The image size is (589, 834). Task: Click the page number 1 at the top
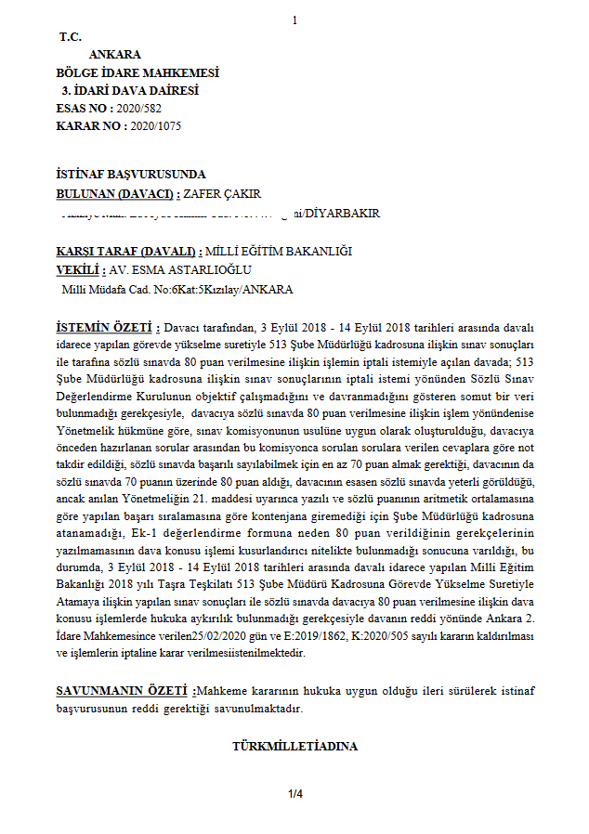point(294,20)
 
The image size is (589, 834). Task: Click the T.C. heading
point(71,37)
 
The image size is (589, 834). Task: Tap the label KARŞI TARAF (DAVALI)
point(128,252)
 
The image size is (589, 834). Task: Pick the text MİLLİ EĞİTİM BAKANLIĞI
point(279,252)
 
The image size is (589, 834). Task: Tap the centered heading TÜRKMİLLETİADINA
point(294,746)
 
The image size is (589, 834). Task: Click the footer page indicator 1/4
point(295,794)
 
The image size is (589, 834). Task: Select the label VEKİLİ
point(77,270)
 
